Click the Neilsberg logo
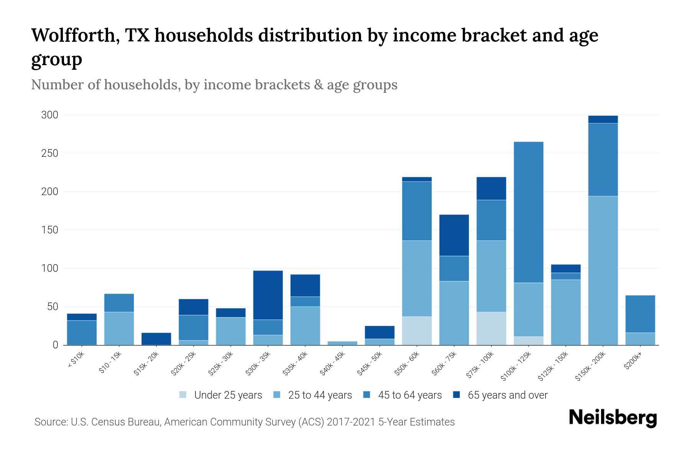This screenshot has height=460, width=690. click(613, 418)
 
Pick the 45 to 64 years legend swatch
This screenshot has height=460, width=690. click(367, 395)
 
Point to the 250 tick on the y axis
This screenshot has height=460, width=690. click(49, 153)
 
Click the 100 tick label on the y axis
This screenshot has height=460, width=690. click(49, 268)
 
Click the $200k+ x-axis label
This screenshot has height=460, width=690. click(633, 362)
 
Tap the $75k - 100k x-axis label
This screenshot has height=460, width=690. click(480, 366)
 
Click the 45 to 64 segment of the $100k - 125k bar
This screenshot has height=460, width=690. click(529, 212)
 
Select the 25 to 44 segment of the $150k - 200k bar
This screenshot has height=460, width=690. click(603, 270)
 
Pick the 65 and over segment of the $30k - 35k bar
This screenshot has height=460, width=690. click(268, 295)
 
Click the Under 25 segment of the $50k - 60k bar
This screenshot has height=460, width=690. click(417, 330)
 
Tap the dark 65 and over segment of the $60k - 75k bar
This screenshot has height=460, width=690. click(454, 235)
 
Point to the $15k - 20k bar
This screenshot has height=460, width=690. click(156, 338)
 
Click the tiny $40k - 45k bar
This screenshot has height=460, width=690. click(342, 343)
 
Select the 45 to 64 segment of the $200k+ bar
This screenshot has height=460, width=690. click(640, 314)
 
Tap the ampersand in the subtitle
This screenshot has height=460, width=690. click(318, 85)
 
